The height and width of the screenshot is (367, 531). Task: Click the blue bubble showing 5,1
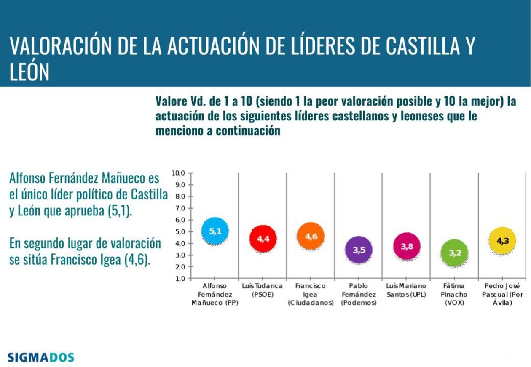pos(215,231)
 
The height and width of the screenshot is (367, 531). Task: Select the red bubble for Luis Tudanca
pos(263,239)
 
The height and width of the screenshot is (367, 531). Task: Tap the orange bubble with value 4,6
pos(311,237)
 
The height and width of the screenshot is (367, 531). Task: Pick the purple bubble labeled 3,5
pos(359,250)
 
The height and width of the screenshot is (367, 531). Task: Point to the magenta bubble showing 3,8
pos(407,247)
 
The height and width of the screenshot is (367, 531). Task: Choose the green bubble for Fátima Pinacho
pos(454,253)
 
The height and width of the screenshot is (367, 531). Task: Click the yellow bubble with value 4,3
pos(502,241)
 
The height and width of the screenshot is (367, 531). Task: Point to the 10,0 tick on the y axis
pos(178,173)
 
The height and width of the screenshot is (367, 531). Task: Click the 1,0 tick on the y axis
pos(179,278)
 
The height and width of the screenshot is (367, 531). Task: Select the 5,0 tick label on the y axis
pos(179,231)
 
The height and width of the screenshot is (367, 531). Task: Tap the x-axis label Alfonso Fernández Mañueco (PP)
pos(215,294)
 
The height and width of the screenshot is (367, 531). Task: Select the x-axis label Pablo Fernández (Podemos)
pos(359,294)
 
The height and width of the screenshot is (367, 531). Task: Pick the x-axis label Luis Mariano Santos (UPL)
pos(406,290)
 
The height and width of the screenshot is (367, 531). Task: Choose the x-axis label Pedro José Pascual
pos(502,294)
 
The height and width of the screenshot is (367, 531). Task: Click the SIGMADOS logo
pos(41,358)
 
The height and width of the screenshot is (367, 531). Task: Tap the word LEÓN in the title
pos(29,72)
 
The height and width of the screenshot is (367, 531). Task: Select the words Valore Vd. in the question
pos(181,102)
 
